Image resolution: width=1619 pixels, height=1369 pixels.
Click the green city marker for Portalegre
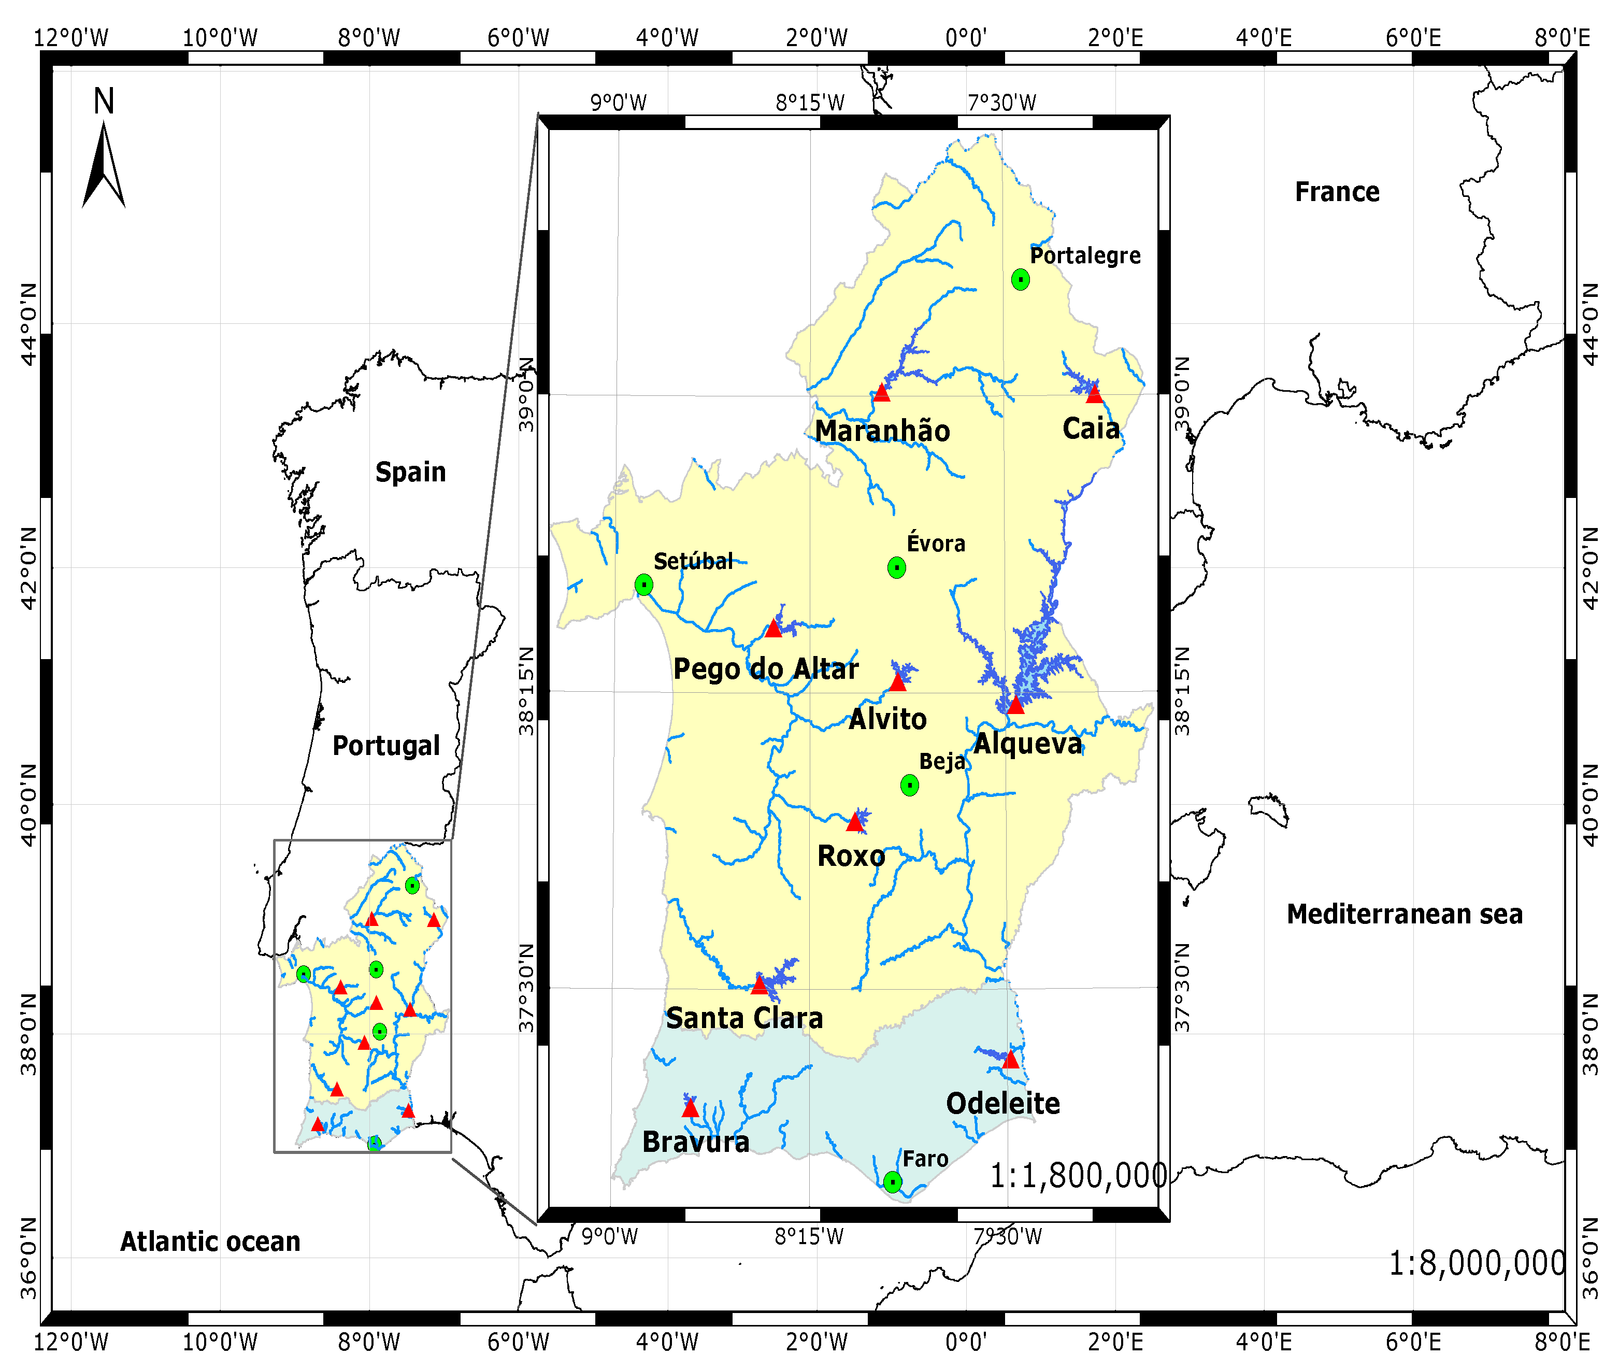pos(1020,279)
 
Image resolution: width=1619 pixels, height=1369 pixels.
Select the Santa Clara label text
pos(744,1018)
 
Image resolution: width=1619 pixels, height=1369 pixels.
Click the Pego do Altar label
pos(766,669)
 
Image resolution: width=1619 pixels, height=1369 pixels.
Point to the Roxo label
pos(851,856)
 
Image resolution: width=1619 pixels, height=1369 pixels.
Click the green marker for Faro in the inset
pos(893,1182)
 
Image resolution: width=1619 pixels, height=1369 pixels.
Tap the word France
pos(1337,192)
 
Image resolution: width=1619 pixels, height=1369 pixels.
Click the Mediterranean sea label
pos(1404,914)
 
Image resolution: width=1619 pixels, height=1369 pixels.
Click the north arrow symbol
pos(104,163)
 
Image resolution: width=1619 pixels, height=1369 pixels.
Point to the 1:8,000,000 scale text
pos(1476,1263)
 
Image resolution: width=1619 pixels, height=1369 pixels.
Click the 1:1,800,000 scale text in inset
pos(1078,1176)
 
